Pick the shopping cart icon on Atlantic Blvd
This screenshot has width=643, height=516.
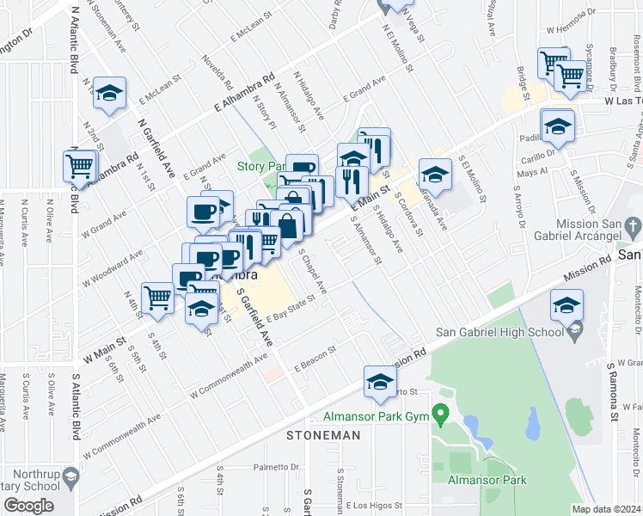[x=80, y=165]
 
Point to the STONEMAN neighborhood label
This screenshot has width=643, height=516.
[x=323, y=436]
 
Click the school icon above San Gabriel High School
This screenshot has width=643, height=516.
[x=567, y=306]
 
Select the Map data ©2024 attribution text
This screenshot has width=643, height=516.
[x=607, y=509]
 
